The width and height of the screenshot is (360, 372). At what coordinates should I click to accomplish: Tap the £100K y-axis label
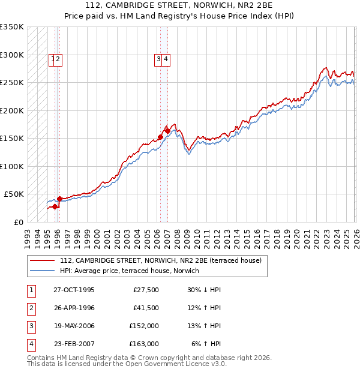12,166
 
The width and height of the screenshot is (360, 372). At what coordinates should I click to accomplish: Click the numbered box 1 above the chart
53,59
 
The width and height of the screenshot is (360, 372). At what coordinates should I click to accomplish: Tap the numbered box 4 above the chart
166,59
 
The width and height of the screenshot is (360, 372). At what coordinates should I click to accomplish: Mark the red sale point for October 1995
55,206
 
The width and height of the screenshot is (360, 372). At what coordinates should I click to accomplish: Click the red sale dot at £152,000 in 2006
160,137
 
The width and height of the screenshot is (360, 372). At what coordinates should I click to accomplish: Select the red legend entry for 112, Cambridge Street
160,261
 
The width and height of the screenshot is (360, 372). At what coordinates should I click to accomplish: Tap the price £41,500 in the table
144,308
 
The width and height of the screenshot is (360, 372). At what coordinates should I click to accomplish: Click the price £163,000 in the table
144,344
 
